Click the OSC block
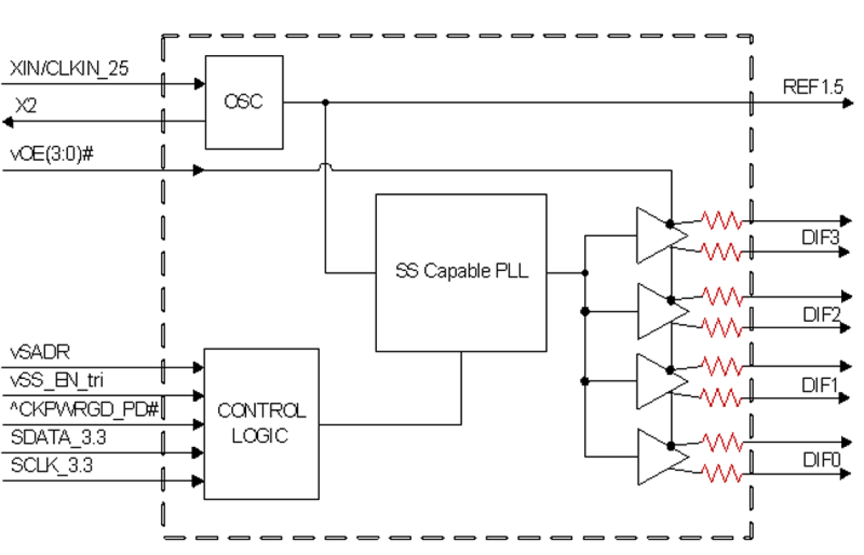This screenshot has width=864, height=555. [x=244, y=102]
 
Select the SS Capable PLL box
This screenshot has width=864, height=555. [x=461, y=272]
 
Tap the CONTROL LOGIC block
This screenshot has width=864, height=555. [x=261, y=424]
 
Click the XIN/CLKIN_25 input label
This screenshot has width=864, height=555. [x=69, y=69]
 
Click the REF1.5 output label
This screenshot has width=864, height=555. [x=812, y=87]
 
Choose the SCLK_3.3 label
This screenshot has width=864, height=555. [x=52, y=466]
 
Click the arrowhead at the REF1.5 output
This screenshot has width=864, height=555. [x=847, y=103]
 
